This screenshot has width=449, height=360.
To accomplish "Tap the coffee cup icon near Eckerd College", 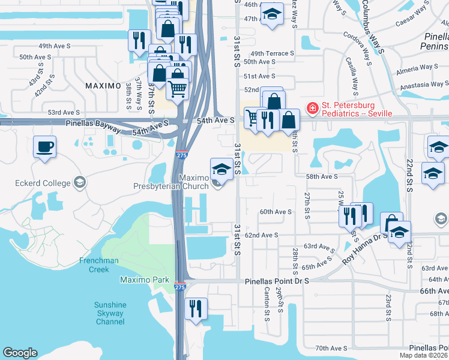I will [x=44, y=146].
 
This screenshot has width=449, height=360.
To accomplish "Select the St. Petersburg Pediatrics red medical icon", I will [x=312, y=109].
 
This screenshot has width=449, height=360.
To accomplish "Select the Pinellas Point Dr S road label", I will [x=277, y=281].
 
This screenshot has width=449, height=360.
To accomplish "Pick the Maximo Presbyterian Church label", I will [x=170, y=182].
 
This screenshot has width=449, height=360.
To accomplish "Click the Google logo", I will [x=20, y=353].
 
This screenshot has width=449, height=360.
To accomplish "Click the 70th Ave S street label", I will [x=331, y=348].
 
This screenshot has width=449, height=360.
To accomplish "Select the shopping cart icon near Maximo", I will [x=177, y=89].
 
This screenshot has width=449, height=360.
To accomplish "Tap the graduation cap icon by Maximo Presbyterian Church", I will [x=221, y=168].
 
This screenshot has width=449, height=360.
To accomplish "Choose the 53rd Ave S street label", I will [x=64, y=112].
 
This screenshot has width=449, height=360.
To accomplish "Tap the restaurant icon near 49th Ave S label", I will [x=139, y=40].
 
